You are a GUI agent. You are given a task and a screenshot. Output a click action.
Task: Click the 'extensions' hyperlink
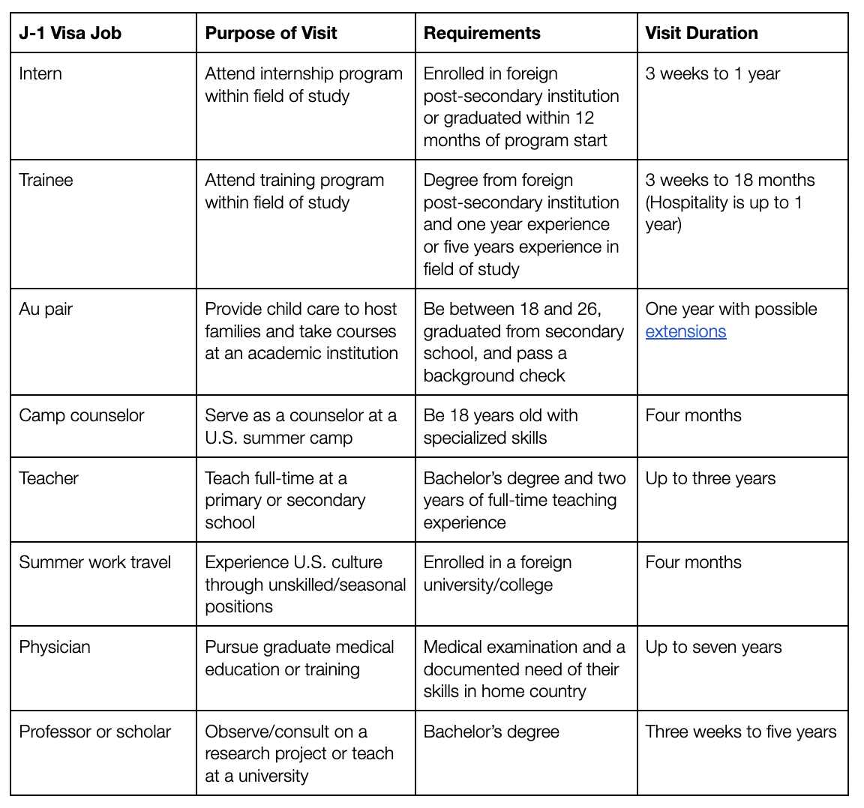tap(685, 331)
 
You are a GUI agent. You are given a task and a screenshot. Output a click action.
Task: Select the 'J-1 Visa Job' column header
tap(70, 33)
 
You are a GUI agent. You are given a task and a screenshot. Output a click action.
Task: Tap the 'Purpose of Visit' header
tap(271, 33)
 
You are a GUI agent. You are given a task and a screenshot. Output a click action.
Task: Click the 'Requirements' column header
tap(481, 33)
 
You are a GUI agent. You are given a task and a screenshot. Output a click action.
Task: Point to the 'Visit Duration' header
tap(701, 33)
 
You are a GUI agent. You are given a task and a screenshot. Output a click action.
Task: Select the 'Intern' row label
tap(40, 73)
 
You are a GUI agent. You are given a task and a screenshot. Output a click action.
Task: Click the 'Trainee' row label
tap(46, 180)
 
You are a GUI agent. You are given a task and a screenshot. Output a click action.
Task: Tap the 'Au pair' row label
tap(46, 309)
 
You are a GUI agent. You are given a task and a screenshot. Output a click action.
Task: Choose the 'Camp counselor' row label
tap(81, 415)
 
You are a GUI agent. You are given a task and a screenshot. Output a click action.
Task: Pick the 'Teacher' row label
tap(49, 478)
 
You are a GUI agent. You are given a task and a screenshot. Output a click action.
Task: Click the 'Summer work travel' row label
tap(95, 562)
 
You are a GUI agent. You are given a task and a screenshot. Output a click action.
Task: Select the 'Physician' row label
tap(55, 647)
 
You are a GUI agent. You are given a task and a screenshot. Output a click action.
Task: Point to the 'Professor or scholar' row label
tap(95, 732)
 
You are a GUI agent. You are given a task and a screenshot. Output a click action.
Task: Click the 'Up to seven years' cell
tap(713, 647)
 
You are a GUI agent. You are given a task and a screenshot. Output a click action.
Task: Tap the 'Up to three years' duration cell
tap(710, 478)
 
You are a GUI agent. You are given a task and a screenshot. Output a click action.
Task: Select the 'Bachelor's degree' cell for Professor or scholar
tap(491, 732)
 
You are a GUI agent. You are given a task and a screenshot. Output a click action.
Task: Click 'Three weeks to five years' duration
tap(741, 732)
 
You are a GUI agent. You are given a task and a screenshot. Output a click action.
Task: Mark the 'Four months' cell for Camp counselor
tap(693, 415)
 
